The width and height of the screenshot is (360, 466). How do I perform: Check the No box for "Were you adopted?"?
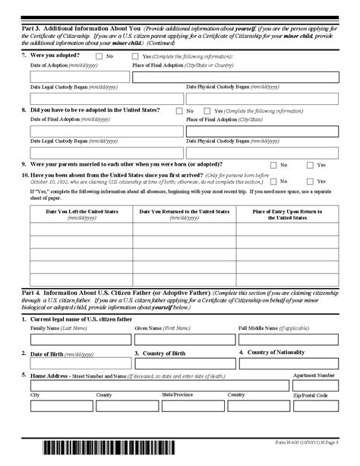(x=99, y=56)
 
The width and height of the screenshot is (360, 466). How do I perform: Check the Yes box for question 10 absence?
(x=310, y=181)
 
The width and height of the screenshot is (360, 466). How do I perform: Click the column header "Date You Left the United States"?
(x=81, y=214)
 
